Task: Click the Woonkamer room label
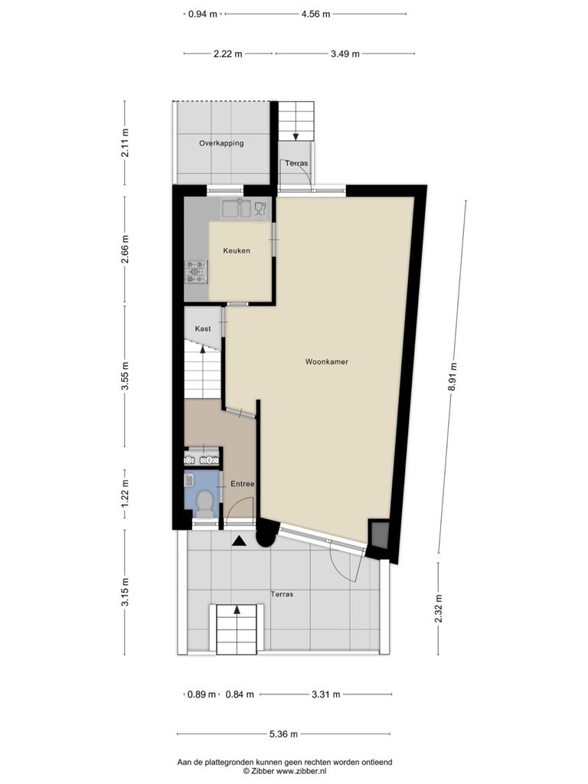pos(326,361)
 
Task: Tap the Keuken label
pos(237,250)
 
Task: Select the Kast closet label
pos(202,328)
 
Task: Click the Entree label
pos(243,484)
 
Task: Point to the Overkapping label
pos(221,143)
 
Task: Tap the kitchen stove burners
pos(196,272)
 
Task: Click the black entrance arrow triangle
pos(239,541)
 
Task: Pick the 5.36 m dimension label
pos(283,734)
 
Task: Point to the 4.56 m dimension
pos(315,14)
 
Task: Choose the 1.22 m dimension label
pos(125,495)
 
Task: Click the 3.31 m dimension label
pos(326,694)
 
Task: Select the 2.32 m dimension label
pos(439,608)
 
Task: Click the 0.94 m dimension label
pos(202,14)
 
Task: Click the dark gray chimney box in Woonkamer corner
pos(378,535)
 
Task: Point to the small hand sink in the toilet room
pos(189,481)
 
